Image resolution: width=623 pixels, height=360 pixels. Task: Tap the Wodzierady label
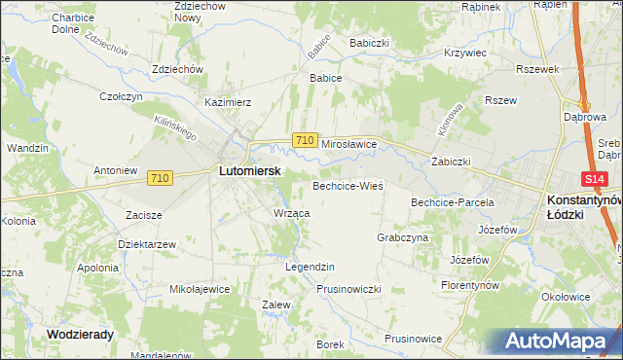[x=81, y=333]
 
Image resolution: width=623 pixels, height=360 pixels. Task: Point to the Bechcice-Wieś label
[x=348, y=185]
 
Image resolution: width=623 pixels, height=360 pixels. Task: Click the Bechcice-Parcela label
[x=453, y=202]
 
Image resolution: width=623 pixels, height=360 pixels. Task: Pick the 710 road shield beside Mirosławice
[x=304, y=141]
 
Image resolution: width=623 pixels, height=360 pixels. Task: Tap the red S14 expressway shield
[x=596, y=180]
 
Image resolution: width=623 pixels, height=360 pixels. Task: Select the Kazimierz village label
[x=228, y=101]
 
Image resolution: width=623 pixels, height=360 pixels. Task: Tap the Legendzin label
[x=310, y=267]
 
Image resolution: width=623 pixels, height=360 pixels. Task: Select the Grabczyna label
[x=402, y=237]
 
